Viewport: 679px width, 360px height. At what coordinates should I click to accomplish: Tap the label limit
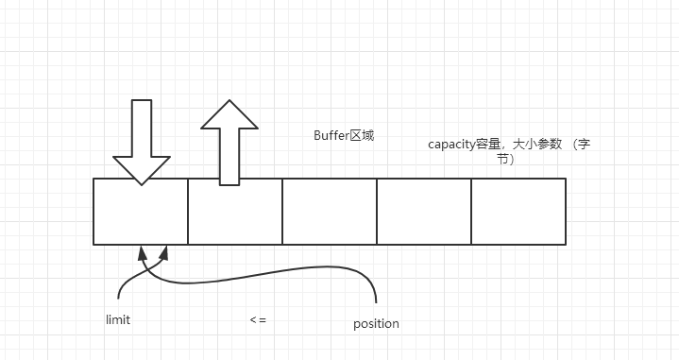[x=118, y=319]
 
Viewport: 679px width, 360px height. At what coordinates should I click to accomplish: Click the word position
[x=376, y=323]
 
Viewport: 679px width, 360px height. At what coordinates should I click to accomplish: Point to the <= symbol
[x=258, y=320]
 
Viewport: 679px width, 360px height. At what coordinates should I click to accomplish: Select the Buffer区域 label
[x=344, y=135]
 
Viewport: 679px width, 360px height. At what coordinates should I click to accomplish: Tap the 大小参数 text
[x=541, y=145]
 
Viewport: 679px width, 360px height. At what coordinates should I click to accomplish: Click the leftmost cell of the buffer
[x=141, y=212]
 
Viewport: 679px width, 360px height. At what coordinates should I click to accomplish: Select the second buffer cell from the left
[x=235, y=212]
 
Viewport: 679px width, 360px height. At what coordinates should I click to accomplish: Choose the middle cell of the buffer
[x=330, y=212]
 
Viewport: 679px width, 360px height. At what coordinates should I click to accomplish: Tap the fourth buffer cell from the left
[x=424, y=212]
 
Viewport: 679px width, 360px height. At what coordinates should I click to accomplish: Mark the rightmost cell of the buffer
[x=518, y=212]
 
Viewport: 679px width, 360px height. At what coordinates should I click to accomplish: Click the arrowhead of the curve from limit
[x=143, y=251]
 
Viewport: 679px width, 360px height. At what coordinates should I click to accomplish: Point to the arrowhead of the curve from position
[x=166, y=251]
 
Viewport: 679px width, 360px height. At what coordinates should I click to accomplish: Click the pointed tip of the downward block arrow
[x=141, y=183]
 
